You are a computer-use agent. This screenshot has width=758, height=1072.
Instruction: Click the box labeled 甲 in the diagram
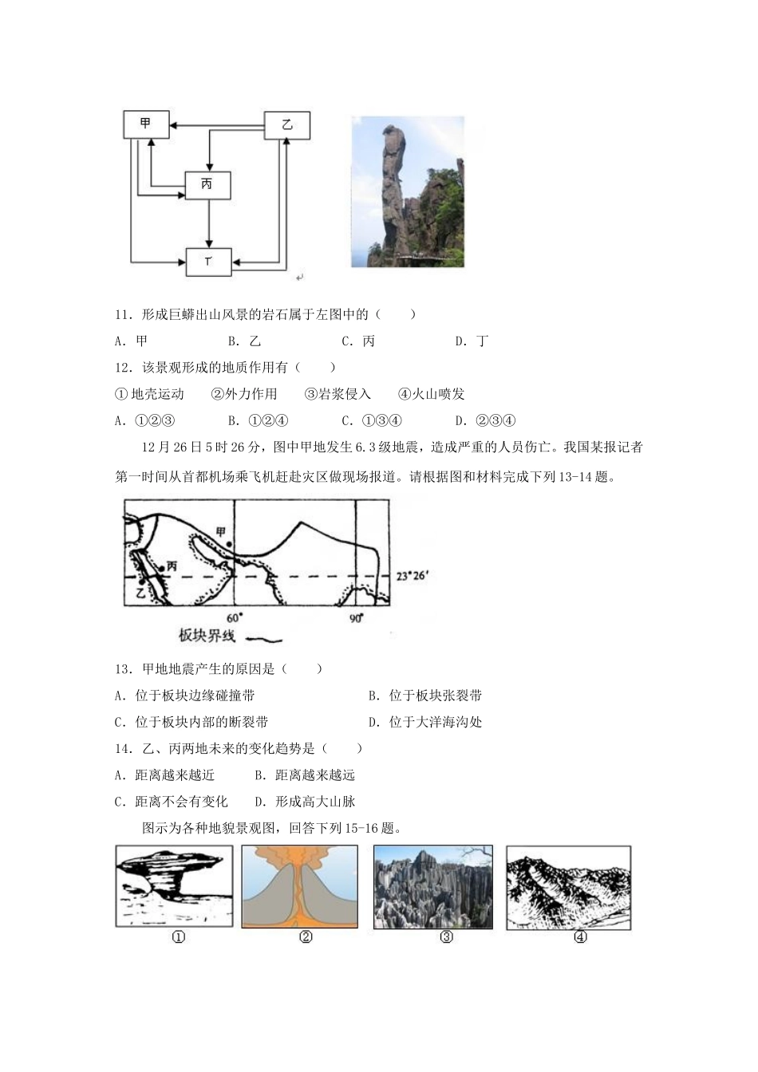[147, 124]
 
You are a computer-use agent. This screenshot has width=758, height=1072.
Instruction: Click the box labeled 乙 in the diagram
[287, 125]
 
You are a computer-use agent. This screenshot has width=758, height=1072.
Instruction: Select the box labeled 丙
[207, 185]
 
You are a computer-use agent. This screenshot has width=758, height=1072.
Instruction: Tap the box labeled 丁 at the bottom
[208, 262]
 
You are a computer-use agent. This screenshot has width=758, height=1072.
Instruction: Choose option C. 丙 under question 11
[358, 341]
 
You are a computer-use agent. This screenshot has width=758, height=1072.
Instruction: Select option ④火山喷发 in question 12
[431, 394]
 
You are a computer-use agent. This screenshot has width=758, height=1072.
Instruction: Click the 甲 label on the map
[221, 532]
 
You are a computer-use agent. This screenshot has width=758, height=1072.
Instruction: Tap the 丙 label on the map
[171, 566]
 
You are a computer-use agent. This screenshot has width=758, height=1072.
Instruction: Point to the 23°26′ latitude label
[413, 575]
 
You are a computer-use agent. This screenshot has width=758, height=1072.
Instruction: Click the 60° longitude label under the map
[234, 618]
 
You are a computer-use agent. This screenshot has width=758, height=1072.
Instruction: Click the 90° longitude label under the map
[356, 618]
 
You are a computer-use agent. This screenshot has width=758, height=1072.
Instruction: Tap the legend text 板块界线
[207, 636]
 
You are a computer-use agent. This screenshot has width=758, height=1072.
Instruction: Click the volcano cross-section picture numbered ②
[300, 887]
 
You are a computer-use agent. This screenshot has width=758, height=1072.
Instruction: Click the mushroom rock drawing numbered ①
[174, 887]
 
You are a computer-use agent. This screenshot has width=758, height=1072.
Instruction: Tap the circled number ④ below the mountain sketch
[580, 937]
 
